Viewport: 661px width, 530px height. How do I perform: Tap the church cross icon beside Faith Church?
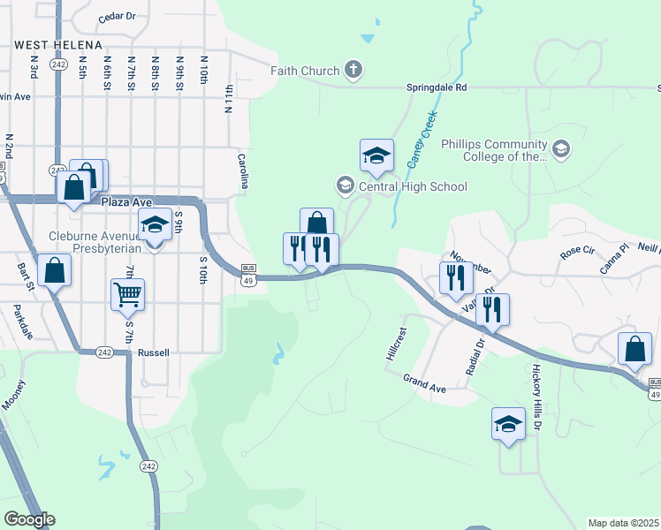353,70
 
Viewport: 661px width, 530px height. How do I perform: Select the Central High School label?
411,186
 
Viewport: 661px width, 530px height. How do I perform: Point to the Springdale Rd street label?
436,88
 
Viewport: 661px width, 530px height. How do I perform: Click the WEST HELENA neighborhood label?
57,44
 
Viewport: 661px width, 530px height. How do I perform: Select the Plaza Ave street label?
122,202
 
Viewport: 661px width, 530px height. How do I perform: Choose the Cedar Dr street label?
117,16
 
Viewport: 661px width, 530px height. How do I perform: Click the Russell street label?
153,352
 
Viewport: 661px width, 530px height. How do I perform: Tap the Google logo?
29,519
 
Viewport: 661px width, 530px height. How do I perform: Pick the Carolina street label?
242,170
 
